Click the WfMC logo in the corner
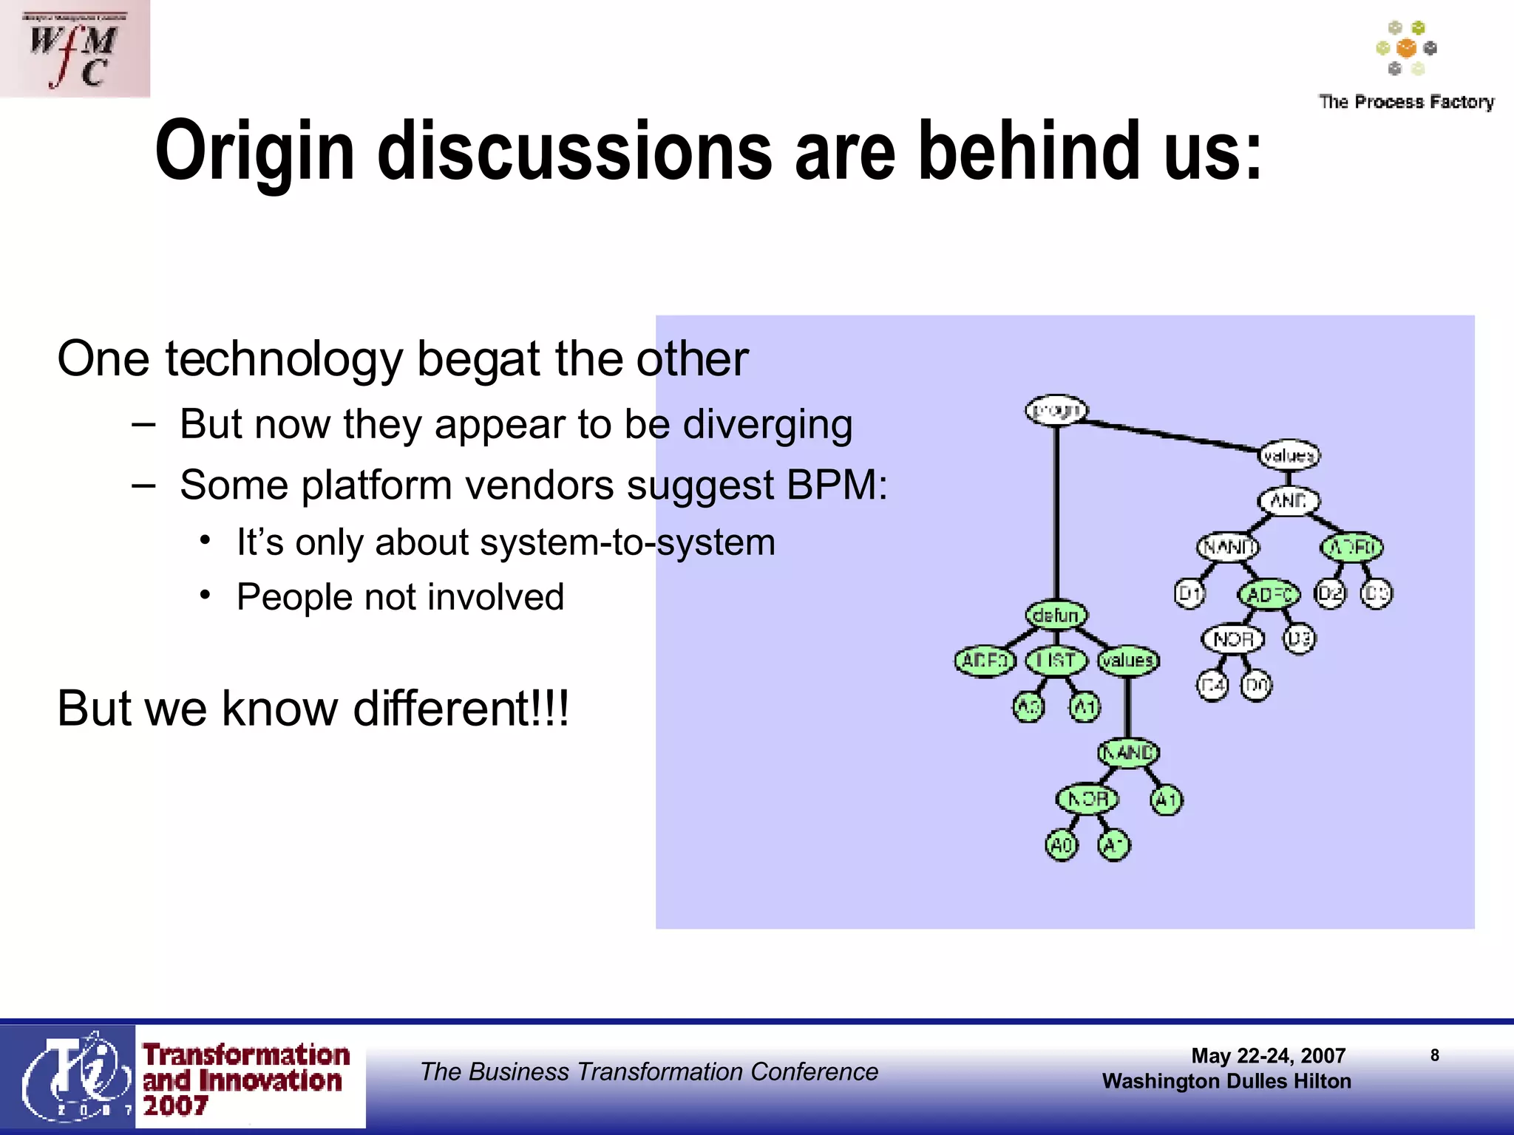[74, 49]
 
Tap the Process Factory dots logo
[1406, 49]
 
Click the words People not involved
[400, 597]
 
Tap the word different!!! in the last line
[461, 709]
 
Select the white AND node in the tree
[1289, 501]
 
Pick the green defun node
[1056, 615]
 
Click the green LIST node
[1056, 661]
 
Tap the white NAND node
[1228, 548]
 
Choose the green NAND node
[1128, 753]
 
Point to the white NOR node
[1232, 639]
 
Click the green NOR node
[1087, 799]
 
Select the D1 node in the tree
[1189, 593]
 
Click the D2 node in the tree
[1330, 593]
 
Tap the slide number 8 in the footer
[1434, 1055]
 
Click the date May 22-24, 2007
[1268, 1056]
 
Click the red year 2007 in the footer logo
[175, 1106]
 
